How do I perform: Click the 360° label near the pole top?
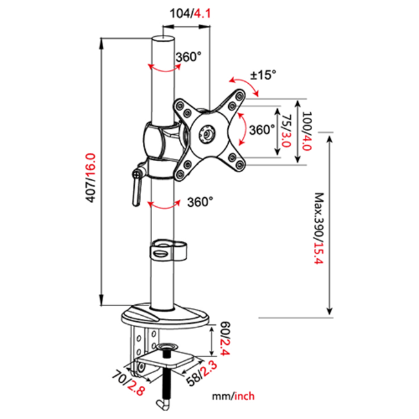click(188, 57)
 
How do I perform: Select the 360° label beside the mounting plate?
click(262, 130)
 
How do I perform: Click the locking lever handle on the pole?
click(136, 190)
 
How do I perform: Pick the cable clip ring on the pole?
click(168, 250)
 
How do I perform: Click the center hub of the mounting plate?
click(208, 133)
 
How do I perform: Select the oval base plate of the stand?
click(165, 316)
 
